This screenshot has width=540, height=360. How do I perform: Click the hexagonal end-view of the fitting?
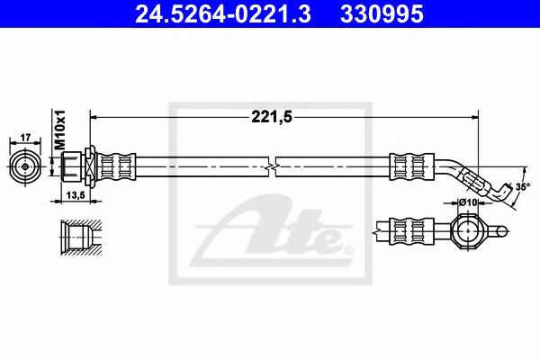click(25, 166)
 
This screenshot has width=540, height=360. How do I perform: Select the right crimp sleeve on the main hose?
click(408, 166)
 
